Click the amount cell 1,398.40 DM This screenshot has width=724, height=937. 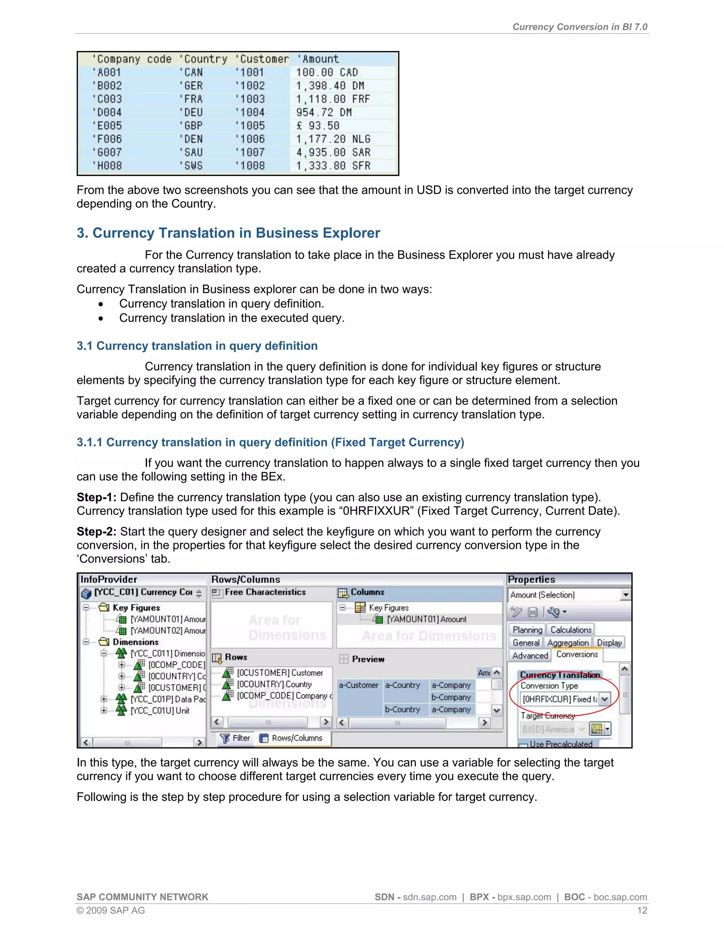(329, 86)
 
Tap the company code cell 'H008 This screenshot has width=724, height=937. (107, 165)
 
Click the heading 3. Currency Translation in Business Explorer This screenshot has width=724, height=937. (228, 233)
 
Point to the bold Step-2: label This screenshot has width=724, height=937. (96, 531)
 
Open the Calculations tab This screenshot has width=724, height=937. (571, 630)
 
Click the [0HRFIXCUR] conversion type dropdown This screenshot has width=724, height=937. (604, 699)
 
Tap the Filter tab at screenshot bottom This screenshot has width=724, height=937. (235, 738)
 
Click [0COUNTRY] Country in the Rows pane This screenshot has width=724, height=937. (274, 684)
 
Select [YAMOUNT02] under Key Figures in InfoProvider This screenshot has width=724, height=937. (167, 630)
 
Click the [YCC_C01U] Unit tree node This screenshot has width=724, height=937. (159, 710)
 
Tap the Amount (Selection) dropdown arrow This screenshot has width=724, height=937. (626, 595)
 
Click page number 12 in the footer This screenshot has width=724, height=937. (642, 910)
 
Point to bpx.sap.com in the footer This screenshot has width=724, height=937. (524, 897)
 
